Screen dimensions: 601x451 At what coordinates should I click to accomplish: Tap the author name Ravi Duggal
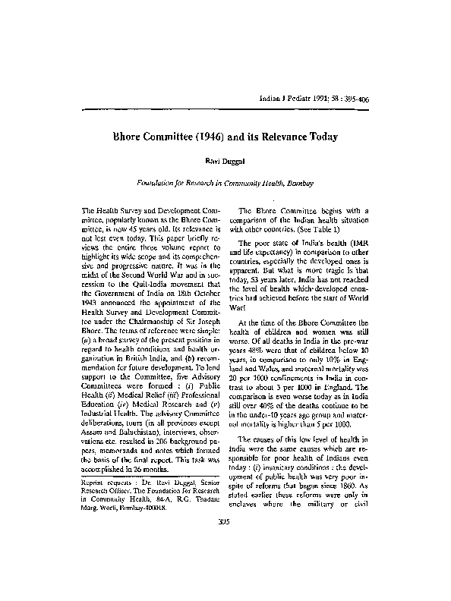pyautogui.click(x=225, y=162)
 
